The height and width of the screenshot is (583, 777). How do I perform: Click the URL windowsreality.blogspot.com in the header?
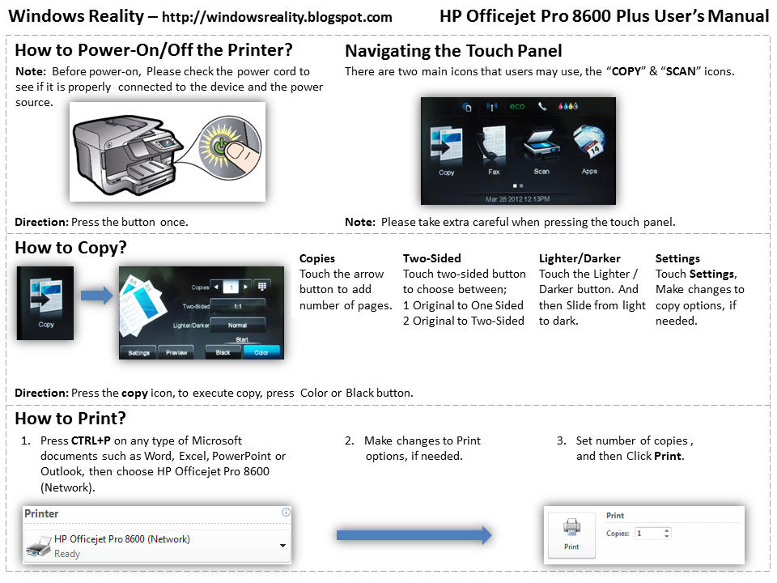(x=277, y=17)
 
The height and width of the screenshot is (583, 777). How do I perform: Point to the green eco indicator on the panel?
(x=516, y=107)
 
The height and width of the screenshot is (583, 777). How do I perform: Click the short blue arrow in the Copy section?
(x=96, y=297)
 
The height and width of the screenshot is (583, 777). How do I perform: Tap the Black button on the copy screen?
(x=223, y=352)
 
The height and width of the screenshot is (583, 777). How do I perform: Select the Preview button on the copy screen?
(x=176, y=352)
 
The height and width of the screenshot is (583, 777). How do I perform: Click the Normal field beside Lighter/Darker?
(x=237, y=324)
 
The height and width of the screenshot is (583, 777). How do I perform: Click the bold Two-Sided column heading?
(x=431, y=258)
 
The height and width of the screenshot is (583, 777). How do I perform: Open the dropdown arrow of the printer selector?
(x=282, y=546)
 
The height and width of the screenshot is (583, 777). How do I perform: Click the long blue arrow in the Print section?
(x=414, y=535)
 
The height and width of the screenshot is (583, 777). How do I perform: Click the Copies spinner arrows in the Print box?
(x=666, y=534)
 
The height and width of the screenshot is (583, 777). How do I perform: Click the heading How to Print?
(x=70, y=419)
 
